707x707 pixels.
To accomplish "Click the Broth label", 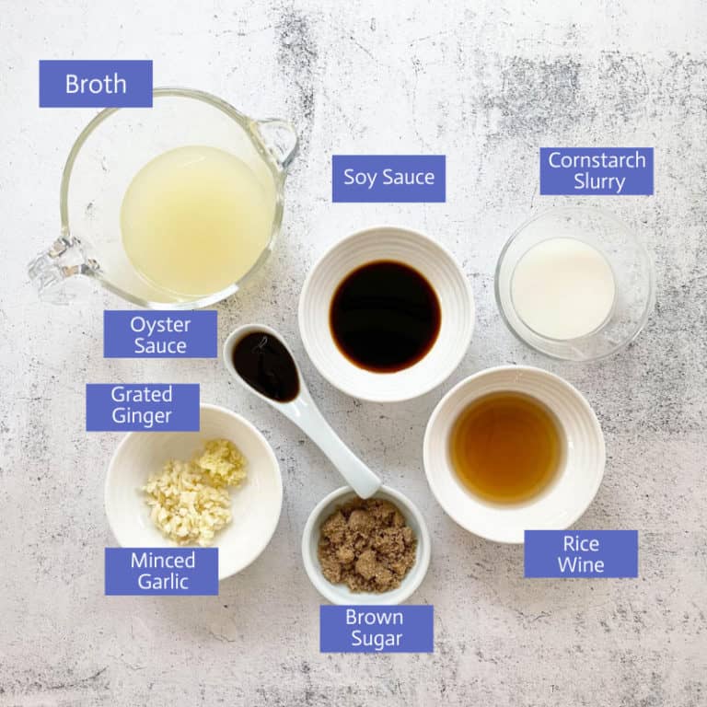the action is pyautogui.click(x=96, y=84).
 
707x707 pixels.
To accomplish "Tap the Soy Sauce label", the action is pyautogui.click(x=388, y=178).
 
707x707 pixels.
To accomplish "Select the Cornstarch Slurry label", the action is pyautogui.click(x=597, y=171).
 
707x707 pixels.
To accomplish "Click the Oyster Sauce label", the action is pyautogui.click(x=160, y=334).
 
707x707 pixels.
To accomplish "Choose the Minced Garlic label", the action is pyautogui.click(x=162, y=572).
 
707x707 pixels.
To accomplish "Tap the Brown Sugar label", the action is pyautogui.click(x=377, y=629).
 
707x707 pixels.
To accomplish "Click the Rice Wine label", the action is pyautogui.click(x=581, y=553).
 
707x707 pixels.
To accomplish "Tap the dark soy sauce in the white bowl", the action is pyautogui.click(x=385, y=316).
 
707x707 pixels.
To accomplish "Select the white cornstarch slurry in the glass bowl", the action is pyautogui.click(x=562, y=288).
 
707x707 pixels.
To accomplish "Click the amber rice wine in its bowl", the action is pyautogui.click(x=506, y=447).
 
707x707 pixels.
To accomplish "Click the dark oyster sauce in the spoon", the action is pyautogui.click(x=265, y=366).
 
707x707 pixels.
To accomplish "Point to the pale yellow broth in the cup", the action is pyautogui.click(x=198, y=221).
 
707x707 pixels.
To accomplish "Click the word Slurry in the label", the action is pyautogui.click(x=599, y=182).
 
